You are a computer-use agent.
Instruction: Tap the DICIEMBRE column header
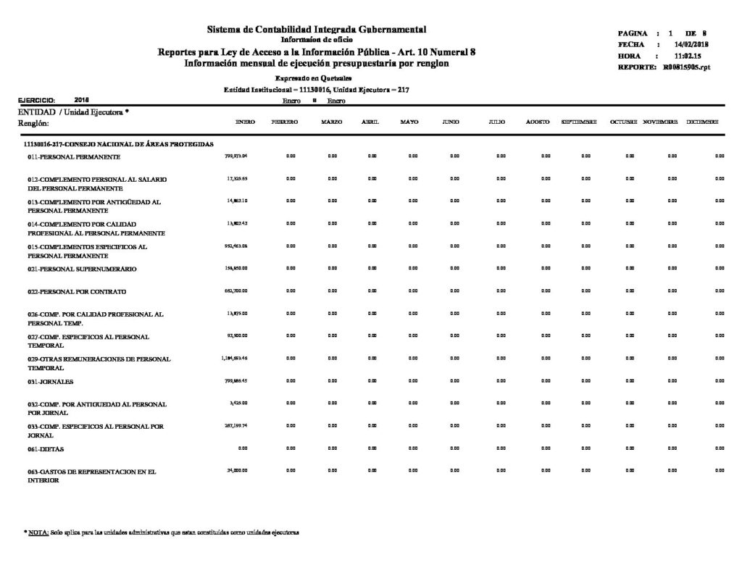click(702, 123)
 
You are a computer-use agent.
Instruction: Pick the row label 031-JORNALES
click(54, 381)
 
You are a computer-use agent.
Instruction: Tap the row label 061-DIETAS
click(50, 449)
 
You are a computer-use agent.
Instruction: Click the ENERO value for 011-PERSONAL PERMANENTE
click(237, 156)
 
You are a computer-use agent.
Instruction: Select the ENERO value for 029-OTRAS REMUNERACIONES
click(234, 358)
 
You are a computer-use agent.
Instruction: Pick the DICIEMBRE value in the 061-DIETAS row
click(720, 448)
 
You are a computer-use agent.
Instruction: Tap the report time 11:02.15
click(688, 56)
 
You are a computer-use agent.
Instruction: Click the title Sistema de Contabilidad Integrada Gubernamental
click(317, 29)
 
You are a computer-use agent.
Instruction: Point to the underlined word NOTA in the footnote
click(38, 532)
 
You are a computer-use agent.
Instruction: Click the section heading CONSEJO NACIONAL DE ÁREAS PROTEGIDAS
click(119, 145)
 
